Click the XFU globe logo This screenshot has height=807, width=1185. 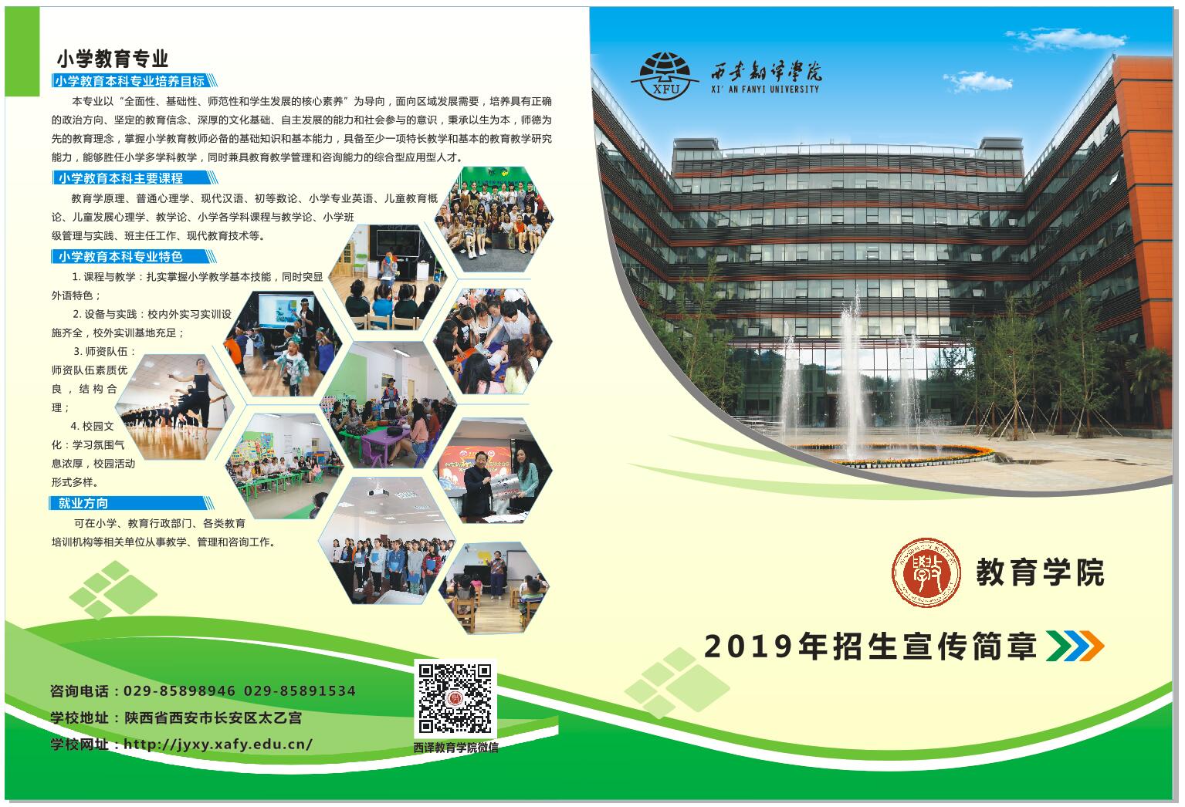tap(665, 76)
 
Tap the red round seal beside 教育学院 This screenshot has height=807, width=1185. tap(926, 572)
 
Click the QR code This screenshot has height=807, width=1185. tap(455, 698)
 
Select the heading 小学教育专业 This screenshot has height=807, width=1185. tap(112, 59)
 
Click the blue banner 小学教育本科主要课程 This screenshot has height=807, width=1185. tap(134, 177)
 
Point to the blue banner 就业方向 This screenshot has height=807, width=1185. tap(131, 503)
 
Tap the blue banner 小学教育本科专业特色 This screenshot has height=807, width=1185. tap(134, 256)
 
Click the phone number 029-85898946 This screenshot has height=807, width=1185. tap(179, 691)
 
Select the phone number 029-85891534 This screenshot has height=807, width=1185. tap(300, 691)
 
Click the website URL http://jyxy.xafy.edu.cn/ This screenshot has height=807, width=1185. tap(218, 744)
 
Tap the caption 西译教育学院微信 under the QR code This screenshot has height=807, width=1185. tap(455, 748)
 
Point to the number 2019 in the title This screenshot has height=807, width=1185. tap(748, 647)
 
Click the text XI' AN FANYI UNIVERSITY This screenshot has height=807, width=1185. tap(765, 89)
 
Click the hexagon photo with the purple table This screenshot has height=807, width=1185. tap(390, 404)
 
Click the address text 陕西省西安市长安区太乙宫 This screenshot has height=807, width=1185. tap(212, 718)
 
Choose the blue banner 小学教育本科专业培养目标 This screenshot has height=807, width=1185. tap(134, 80)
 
